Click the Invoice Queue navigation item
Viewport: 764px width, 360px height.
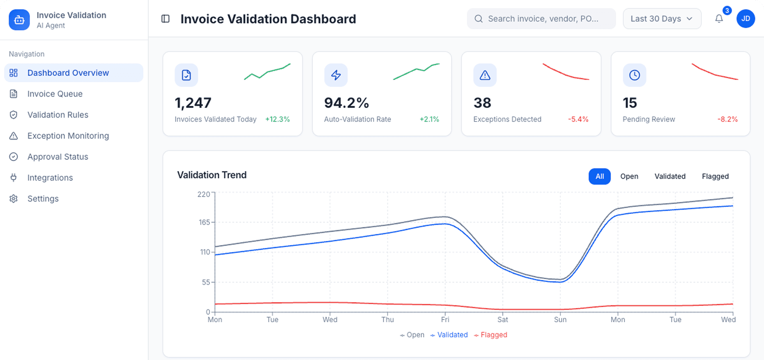click(55, 94)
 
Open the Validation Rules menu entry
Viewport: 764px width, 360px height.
click(58, 115)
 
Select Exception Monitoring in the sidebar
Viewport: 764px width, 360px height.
click(68, 136)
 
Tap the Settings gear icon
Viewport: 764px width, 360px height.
click(14, 198)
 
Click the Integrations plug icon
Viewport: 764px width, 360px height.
click(14, 178)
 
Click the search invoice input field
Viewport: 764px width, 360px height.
click(542, 19)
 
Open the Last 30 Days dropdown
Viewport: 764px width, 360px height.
click(661, 19)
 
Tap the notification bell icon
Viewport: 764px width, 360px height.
click(719, 19)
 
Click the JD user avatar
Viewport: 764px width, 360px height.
click(746, 19)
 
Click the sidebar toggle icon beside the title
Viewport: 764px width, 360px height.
click(166, 19)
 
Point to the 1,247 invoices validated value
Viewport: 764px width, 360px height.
click(193, 103)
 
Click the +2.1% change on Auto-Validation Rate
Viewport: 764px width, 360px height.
click(429, 119)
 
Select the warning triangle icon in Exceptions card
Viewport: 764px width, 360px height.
click(485, 75)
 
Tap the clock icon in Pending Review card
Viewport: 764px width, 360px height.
click(634, 75)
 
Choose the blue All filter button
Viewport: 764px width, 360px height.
click(599, 176)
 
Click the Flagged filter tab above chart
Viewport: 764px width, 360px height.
click(715, 176)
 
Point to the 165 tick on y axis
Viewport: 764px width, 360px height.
click(204, 222)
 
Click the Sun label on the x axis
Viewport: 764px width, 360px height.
click(560, 320)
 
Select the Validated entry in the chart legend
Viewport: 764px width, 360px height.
click(452, 335)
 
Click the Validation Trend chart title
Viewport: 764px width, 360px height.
click(212, 175)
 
